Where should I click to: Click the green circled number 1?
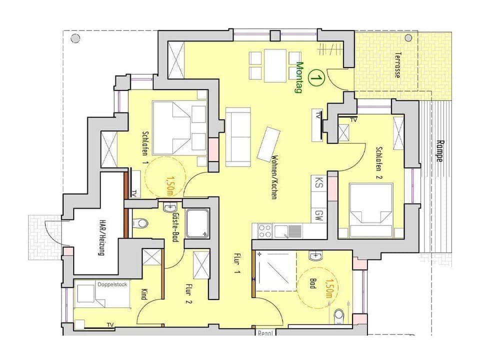[316, 78]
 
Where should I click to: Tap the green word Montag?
[299, 77]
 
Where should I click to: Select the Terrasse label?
[397, 65]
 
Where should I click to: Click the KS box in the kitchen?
[318, 183]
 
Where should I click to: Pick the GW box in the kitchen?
[318, 215]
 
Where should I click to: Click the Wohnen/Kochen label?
[274, 177]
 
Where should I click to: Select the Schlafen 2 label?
[379, 163]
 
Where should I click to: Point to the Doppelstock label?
[112, 284]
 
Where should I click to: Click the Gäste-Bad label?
[175, 227]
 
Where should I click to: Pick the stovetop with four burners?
[264, 231]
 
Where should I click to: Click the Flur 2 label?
[189, 294]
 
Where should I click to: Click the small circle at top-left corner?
[75, 38]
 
